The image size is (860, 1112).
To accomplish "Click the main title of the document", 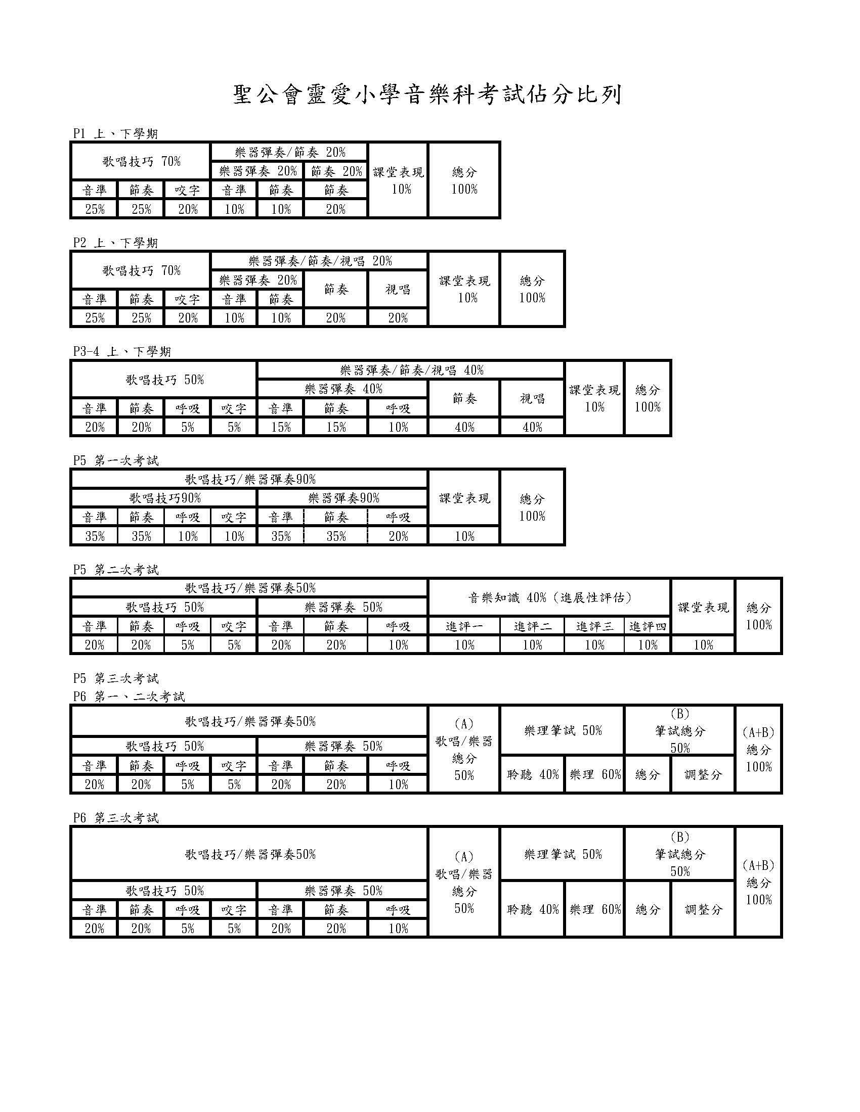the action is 427,95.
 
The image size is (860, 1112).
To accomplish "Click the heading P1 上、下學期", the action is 116,134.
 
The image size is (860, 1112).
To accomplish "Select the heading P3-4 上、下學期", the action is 122,352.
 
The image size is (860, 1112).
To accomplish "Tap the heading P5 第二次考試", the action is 116,570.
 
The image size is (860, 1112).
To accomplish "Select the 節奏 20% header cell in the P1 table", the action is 336,171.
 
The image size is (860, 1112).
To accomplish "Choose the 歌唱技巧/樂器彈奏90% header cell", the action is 250,479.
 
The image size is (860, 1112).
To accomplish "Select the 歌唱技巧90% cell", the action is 164,498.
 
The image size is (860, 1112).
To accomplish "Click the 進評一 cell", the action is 464,627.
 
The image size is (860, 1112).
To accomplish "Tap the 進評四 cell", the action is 648,627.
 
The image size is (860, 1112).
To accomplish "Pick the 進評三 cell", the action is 595,627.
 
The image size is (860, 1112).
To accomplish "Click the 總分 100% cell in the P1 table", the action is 464,181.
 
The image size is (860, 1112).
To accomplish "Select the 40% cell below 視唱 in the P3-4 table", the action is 532,427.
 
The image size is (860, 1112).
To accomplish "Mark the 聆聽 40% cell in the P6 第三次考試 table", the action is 533,909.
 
